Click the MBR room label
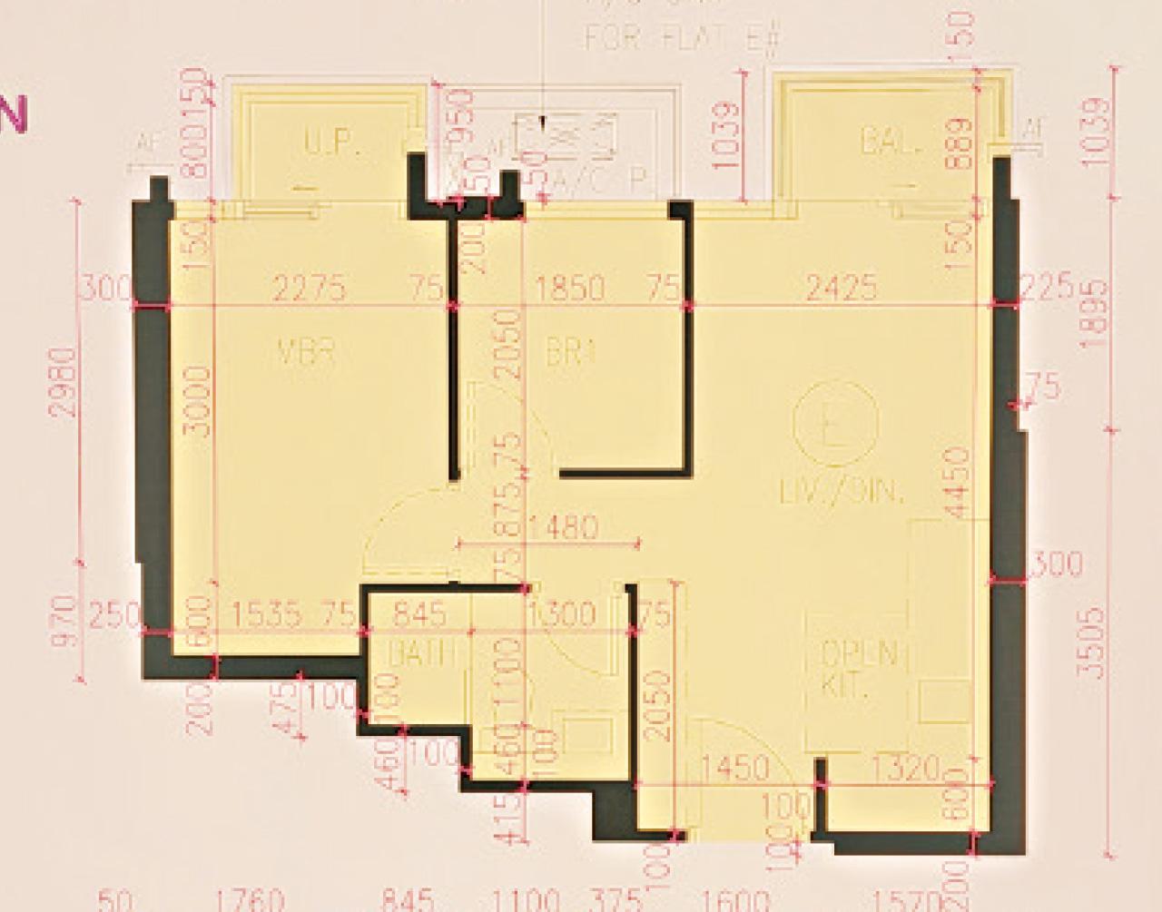point(307,352)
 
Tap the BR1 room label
point(570,352)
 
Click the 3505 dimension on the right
point(1095,643)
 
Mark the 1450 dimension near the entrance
point(735,770)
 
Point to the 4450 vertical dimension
point(954,482)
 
